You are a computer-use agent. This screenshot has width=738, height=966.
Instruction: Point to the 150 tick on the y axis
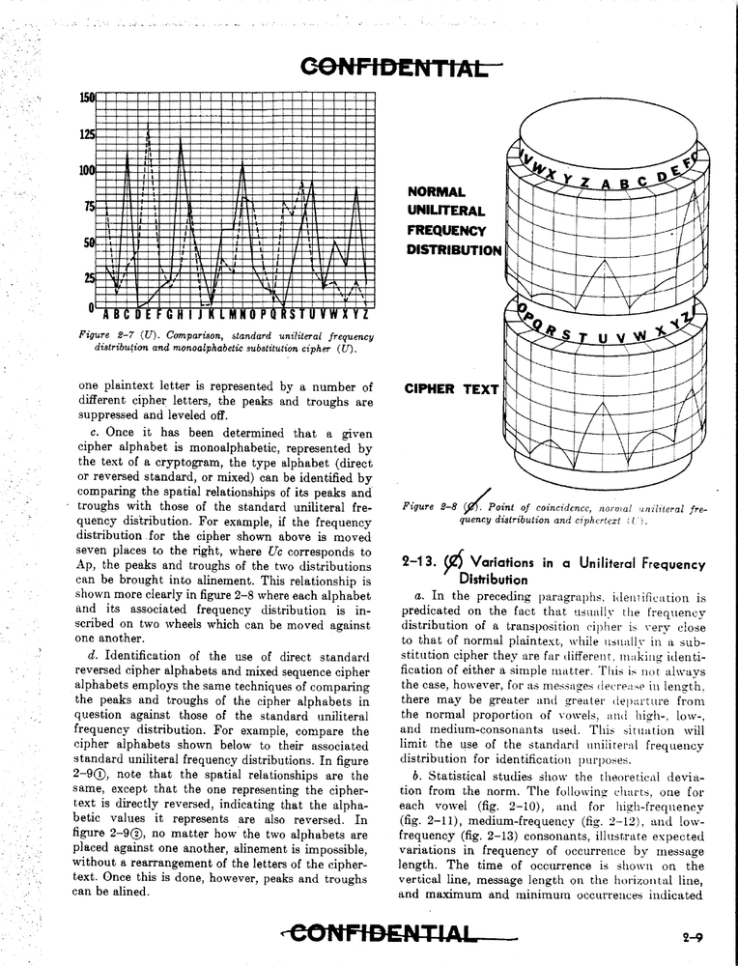[x=87, y=98]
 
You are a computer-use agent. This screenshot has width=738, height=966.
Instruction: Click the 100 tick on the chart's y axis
[x=87, y=170]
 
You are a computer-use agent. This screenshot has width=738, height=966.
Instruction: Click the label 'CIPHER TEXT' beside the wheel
[x=451, y=390]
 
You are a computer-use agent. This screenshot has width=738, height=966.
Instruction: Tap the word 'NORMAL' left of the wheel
[x=436, y=192]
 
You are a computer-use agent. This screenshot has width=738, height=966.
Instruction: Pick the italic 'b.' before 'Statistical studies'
[x=416, y=777]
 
